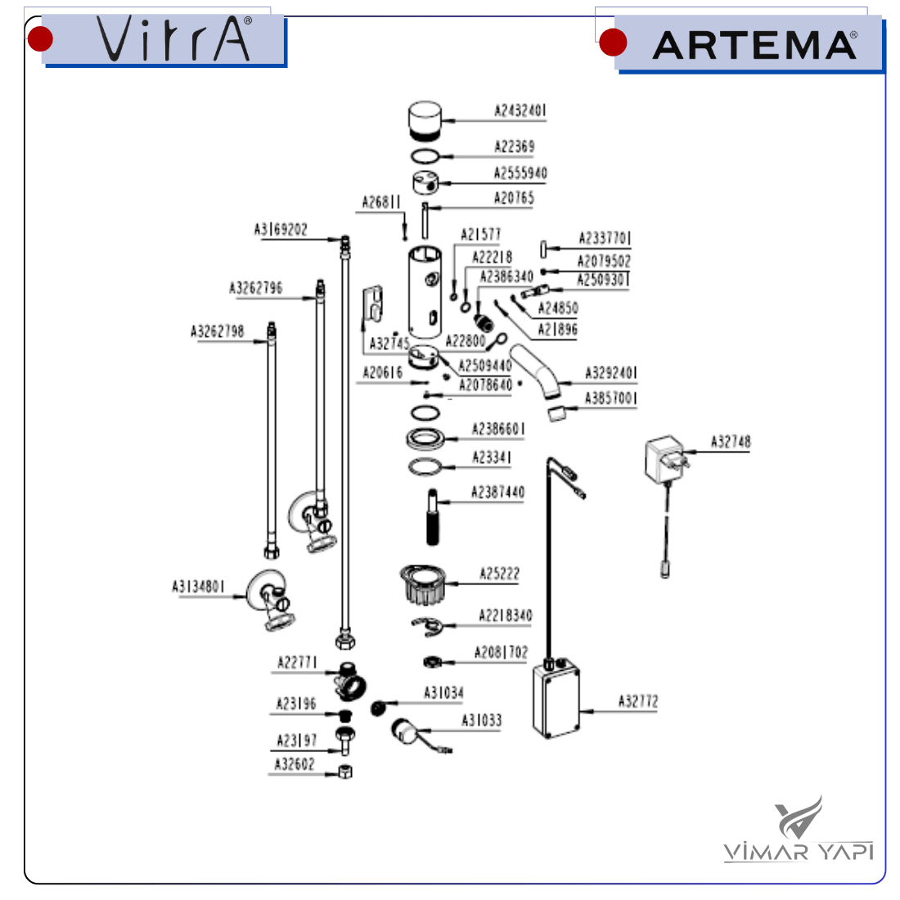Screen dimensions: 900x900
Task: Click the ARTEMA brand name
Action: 754,45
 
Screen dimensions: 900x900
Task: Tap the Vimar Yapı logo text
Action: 798,851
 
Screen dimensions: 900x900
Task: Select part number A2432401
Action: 520,110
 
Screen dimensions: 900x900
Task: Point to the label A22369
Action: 514,146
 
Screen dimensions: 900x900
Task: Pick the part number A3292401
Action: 610,373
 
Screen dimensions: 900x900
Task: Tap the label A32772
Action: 637,701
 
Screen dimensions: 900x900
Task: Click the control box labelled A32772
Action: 556,700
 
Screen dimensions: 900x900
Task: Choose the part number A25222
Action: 499,574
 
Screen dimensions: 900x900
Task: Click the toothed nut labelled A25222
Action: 422,583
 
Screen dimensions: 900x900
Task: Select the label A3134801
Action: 198,586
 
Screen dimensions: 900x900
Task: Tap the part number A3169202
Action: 281,230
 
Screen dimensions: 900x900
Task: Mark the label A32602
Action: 294,764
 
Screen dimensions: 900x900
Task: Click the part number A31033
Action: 481,720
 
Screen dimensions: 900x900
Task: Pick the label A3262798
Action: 217,331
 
